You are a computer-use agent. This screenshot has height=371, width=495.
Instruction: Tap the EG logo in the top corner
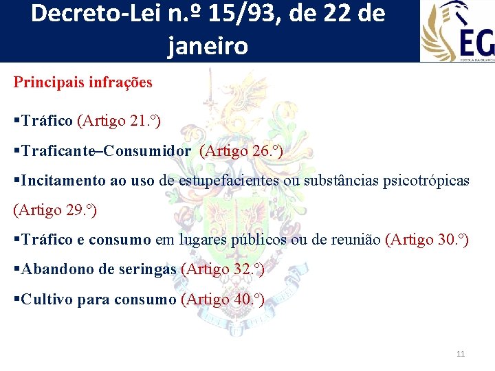tap(457, 31)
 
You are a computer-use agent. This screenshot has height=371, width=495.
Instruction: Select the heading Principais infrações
tap(83, 82)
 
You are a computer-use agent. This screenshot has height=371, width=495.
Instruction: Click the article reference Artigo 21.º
tap(120, 122)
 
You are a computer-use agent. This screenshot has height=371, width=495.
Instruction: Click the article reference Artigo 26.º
tap(241, 151)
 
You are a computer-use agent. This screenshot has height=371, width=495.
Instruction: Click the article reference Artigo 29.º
tap(55, 210)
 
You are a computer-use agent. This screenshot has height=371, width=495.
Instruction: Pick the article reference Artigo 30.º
tap(428, 240)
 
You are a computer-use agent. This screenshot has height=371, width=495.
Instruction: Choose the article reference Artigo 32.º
tap(222, 269)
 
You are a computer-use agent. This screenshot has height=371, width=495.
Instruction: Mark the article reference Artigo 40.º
tap(222, 299)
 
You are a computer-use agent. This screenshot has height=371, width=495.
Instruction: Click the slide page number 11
tap(461, 354)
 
